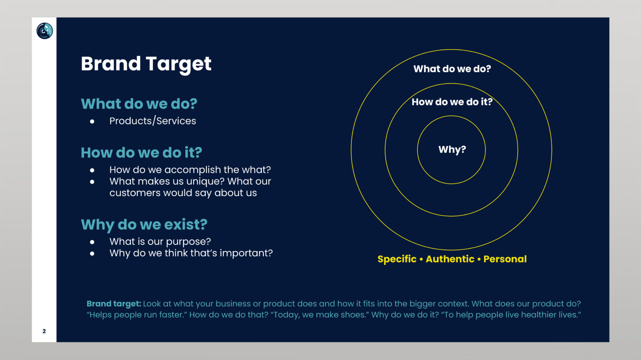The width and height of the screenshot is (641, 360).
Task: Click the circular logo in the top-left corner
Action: [45, 31]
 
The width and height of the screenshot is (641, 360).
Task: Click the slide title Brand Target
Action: [146, 64]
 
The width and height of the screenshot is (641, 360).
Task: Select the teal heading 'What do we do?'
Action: [139, 104]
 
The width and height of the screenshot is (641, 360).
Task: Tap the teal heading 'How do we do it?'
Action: [141, 153]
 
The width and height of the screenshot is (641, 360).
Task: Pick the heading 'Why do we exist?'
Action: [144, 224]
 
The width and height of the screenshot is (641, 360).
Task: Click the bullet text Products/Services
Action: [153, 121]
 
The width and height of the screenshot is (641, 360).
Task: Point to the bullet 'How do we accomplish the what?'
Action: [190, 170]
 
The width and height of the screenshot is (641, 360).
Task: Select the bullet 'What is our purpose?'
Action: [160, 242]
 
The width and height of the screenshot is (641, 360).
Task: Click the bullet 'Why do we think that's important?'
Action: [191, 253]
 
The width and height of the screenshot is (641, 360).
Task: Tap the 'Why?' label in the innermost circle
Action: [452, 149]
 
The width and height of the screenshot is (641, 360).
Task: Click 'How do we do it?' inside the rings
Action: [452, 102]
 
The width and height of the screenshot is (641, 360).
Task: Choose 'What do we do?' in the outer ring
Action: [452, 69]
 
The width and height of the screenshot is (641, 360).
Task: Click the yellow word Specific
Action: [397, 259]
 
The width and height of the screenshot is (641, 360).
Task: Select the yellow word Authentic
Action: [450, 259]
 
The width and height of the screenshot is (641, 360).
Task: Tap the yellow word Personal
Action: [505, 259]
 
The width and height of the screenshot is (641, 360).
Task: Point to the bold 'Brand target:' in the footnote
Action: [114, 304]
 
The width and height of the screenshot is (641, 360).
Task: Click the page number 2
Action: [44, 331]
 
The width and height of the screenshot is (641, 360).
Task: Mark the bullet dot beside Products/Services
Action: [92, 121]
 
